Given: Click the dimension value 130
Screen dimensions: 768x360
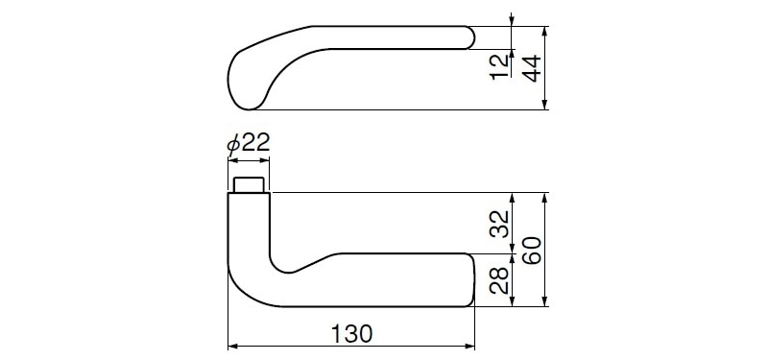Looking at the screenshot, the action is coord(351,333).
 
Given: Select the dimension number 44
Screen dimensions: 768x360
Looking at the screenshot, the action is coord(531,68).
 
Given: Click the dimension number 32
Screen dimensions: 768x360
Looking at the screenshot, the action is coord(500,224).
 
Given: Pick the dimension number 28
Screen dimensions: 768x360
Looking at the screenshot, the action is coord(500,279).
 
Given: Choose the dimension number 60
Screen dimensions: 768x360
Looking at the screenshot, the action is coord(531,251).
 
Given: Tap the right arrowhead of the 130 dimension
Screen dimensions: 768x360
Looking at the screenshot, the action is coord(469,347).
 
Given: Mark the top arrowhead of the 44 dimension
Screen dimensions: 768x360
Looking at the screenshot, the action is coord(544,32).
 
